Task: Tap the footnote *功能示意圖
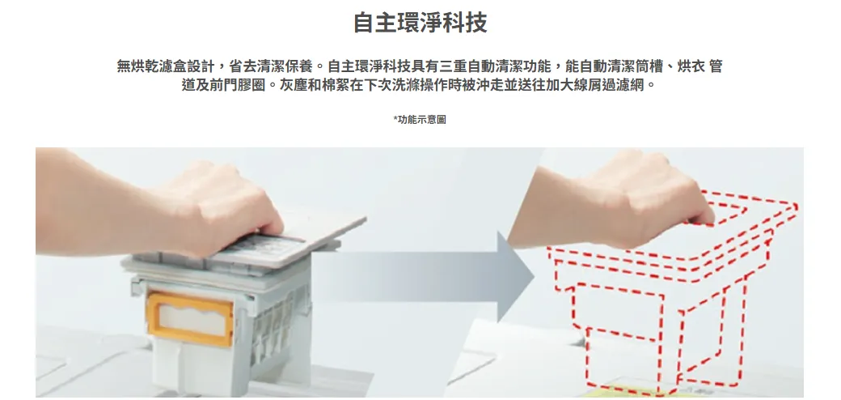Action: pyautogui.click(x=420, y=120)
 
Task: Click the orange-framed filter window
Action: pyautogui.click(x=190, y=319)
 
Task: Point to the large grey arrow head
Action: pyautogui.click(x=515, y=276)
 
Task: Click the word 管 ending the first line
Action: pyautogui.click(x=716, y=66)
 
